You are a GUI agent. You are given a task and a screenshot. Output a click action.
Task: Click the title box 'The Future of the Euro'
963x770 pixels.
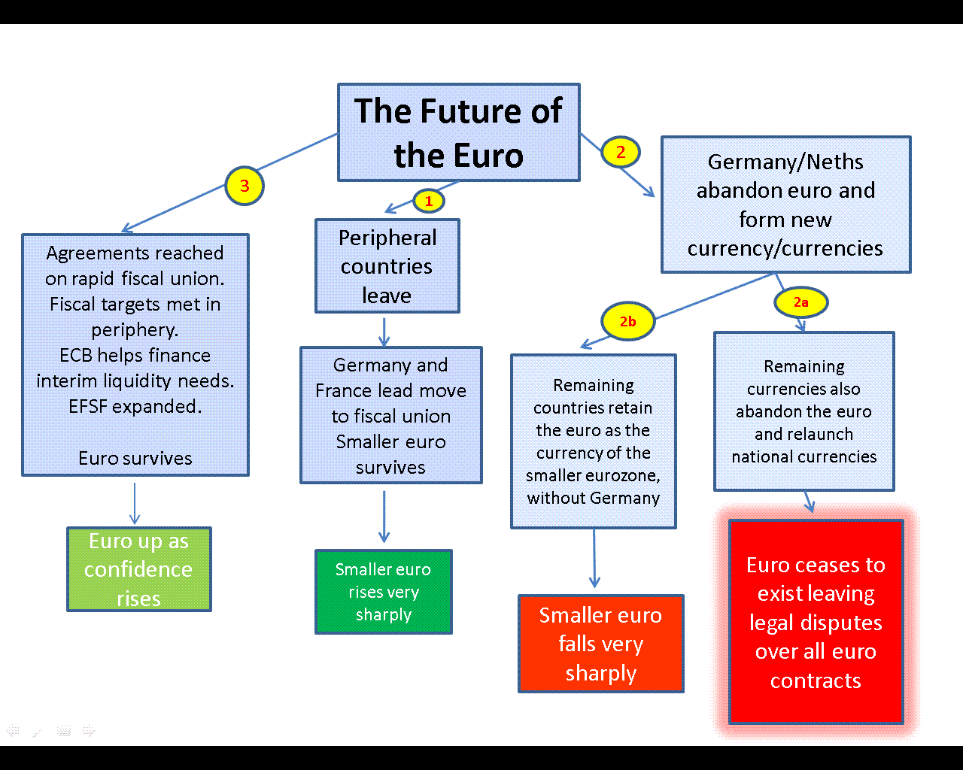click(458, 132)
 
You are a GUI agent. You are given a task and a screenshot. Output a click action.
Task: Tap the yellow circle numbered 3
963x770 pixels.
click(245, 186)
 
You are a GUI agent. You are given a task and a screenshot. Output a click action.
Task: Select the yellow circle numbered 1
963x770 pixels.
click(429, 201)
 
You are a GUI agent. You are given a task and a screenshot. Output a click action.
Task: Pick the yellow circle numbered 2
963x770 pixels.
click(621, 152)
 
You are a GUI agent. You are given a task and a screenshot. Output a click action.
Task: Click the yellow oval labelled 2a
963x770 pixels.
click(800, 302)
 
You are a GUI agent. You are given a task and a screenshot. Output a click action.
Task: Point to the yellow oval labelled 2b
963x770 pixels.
click(627, 322)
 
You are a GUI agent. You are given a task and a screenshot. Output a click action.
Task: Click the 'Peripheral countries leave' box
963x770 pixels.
click(387, 266)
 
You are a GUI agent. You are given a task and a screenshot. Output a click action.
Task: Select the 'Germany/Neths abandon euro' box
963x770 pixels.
click(785, 205)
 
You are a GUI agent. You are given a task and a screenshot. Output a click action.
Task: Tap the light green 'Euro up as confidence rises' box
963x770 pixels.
click(138, 569)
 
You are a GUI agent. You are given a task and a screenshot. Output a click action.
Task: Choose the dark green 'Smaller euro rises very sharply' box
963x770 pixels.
click(383, 592)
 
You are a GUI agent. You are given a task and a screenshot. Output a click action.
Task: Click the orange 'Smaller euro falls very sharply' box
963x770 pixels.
click(600, 644)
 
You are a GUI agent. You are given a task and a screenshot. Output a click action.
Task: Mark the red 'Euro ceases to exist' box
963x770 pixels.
click(816, 622)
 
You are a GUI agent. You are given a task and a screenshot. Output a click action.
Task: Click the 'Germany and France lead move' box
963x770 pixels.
click(390, 415)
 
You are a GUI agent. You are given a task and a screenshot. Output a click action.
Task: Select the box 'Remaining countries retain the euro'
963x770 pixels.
click(593, 441)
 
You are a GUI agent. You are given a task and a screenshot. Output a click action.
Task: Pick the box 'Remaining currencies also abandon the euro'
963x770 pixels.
click(804, 411)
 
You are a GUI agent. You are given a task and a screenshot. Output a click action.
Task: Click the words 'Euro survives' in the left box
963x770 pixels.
click(135, 458)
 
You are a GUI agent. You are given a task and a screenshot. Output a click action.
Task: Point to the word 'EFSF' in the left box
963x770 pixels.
click(90, 407)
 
